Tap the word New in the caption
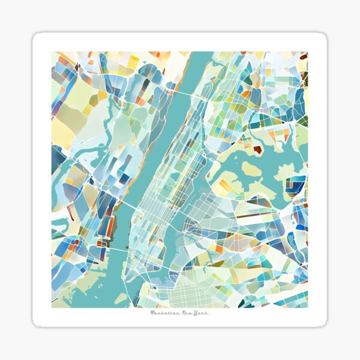(x=187, y=313)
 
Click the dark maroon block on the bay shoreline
(x=257, y=149)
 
